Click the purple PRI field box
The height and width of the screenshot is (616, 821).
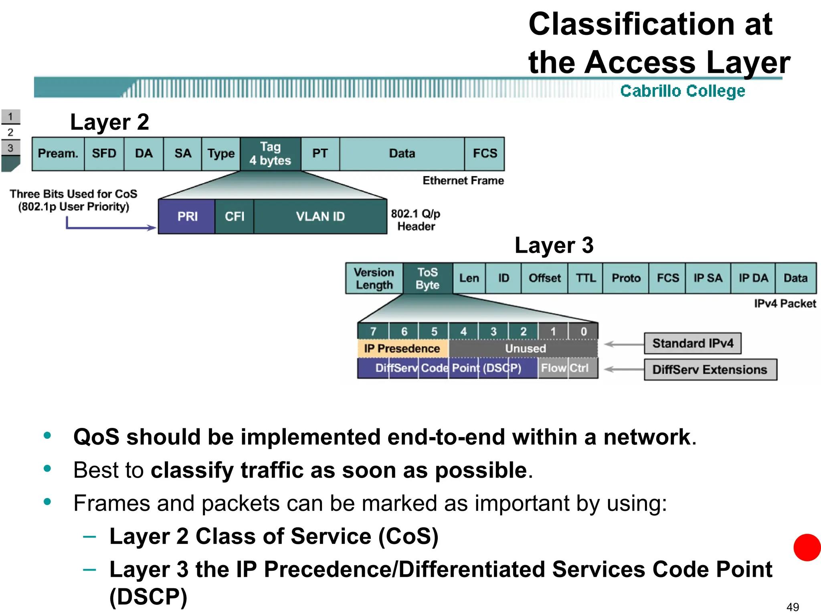coord(187,217)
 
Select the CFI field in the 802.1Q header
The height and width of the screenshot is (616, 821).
coord(234,217)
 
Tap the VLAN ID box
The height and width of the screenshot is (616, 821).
coord(320,217)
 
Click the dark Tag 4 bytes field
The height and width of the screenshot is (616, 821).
coord(270,154)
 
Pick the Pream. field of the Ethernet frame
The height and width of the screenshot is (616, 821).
coord(58,154)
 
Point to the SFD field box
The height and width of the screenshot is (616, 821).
coord(104,154)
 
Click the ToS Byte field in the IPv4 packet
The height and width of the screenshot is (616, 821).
coord(428,278)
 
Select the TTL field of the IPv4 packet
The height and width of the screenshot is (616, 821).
coord(585,278)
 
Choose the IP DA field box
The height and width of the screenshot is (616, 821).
coord(753,278)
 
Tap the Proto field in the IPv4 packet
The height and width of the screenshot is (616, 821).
coord(626,278)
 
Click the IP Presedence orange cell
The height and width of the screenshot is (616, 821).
coord(402,349)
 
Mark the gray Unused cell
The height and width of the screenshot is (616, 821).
coord(525,349)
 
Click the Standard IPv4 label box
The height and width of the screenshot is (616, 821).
coord(692,343)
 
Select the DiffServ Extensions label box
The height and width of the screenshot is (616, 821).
coord(710,369)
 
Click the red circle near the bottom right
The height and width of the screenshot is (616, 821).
coord(807,547)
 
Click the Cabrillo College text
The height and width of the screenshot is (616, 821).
coord(682,91)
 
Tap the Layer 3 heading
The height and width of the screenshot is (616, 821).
coord(554,245)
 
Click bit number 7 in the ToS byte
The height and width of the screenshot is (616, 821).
coord(373,332)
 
